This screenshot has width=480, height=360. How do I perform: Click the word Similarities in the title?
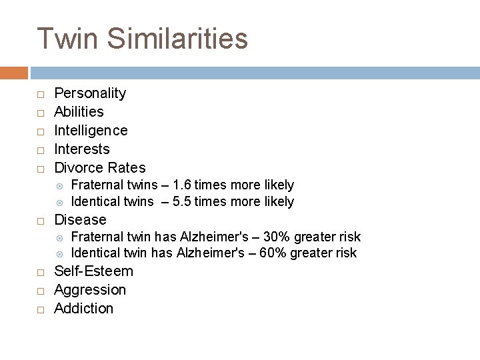177,39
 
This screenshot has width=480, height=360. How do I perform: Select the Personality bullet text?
90,93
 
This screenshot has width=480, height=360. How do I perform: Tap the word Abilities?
79,112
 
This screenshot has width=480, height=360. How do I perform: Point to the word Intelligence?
91,131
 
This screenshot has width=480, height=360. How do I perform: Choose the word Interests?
81,149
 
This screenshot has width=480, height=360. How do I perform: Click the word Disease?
80,220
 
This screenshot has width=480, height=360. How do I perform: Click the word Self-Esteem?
93,271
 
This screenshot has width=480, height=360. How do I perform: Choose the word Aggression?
90,290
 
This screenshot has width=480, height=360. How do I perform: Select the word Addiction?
83,309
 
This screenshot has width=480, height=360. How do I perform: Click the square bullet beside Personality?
40,94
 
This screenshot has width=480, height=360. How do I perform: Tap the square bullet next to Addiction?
40,309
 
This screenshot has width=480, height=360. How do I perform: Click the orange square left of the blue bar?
13,72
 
